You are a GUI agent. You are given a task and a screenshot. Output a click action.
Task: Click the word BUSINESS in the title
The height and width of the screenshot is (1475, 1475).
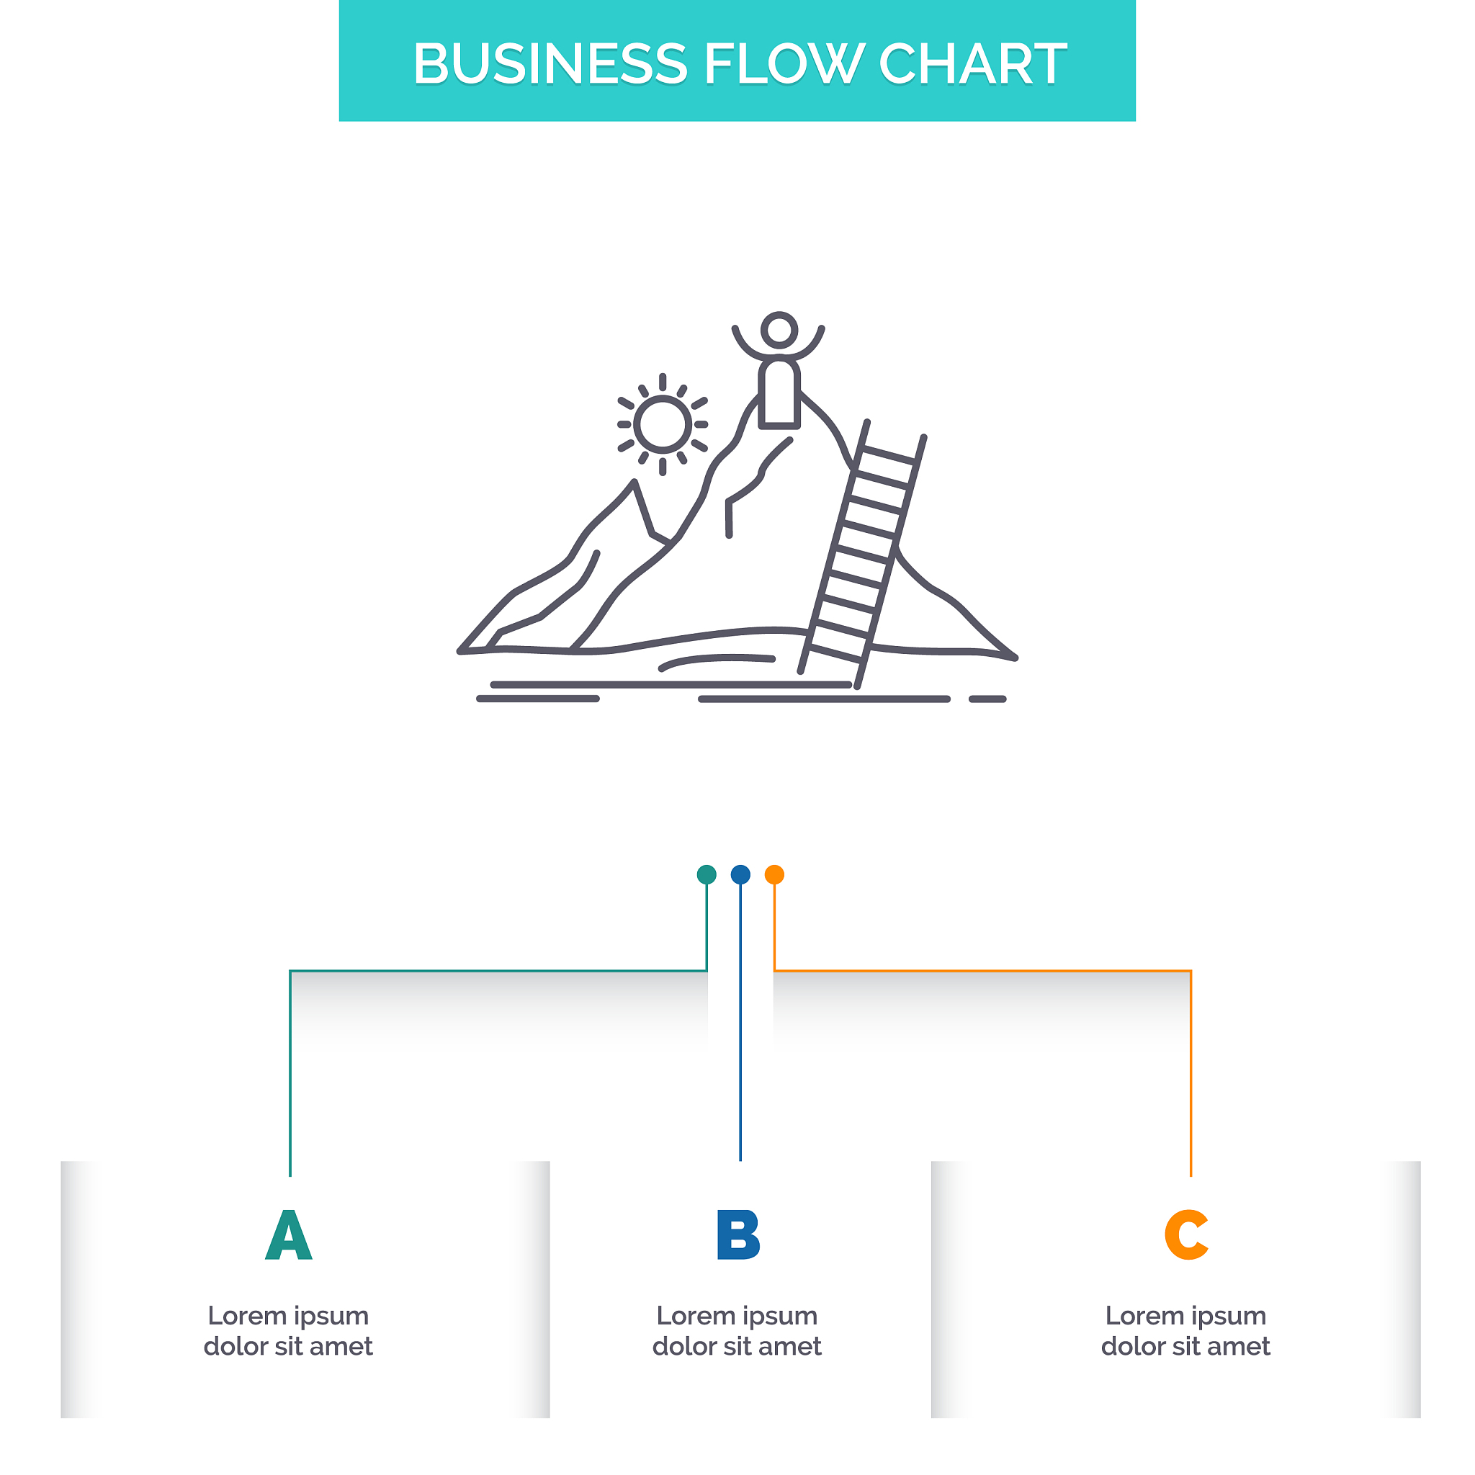click(550, 63)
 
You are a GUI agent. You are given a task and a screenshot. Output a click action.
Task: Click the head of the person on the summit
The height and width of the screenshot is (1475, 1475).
click(779, 330)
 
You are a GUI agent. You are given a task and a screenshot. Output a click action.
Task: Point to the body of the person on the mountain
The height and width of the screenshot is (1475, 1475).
click(779, 393)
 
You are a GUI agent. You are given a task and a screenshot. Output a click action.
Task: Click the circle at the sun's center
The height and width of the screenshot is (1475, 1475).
click(663, 423)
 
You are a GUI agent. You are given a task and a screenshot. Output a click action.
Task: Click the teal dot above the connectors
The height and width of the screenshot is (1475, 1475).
click(707, 874)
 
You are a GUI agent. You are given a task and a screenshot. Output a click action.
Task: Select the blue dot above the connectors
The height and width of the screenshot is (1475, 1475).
click(740, 874)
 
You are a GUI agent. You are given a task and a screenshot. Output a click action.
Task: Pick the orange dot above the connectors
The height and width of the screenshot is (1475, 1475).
click(774, 874)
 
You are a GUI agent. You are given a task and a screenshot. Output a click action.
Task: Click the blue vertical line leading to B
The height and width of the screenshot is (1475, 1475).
click(740, 1021)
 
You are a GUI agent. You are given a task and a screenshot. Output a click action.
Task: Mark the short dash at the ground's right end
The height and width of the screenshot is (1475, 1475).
click(988, 699)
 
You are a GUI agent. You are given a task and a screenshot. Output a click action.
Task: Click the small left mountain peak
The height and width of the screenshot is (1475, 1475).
click(634, 483)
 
